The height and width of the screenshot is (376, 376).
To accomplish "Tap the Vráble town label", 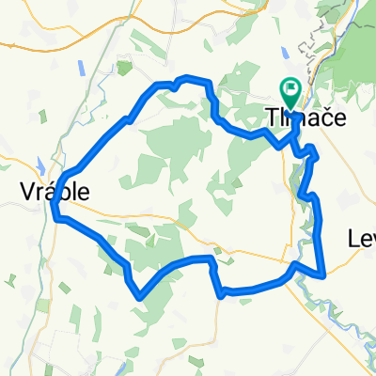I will (55, 191).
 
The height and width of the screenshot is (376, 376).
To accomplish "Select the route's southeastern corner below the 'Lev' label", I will (324, 275).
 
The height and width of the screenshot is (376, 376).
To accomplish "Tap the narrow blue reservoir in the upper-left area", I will (83, 67).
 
